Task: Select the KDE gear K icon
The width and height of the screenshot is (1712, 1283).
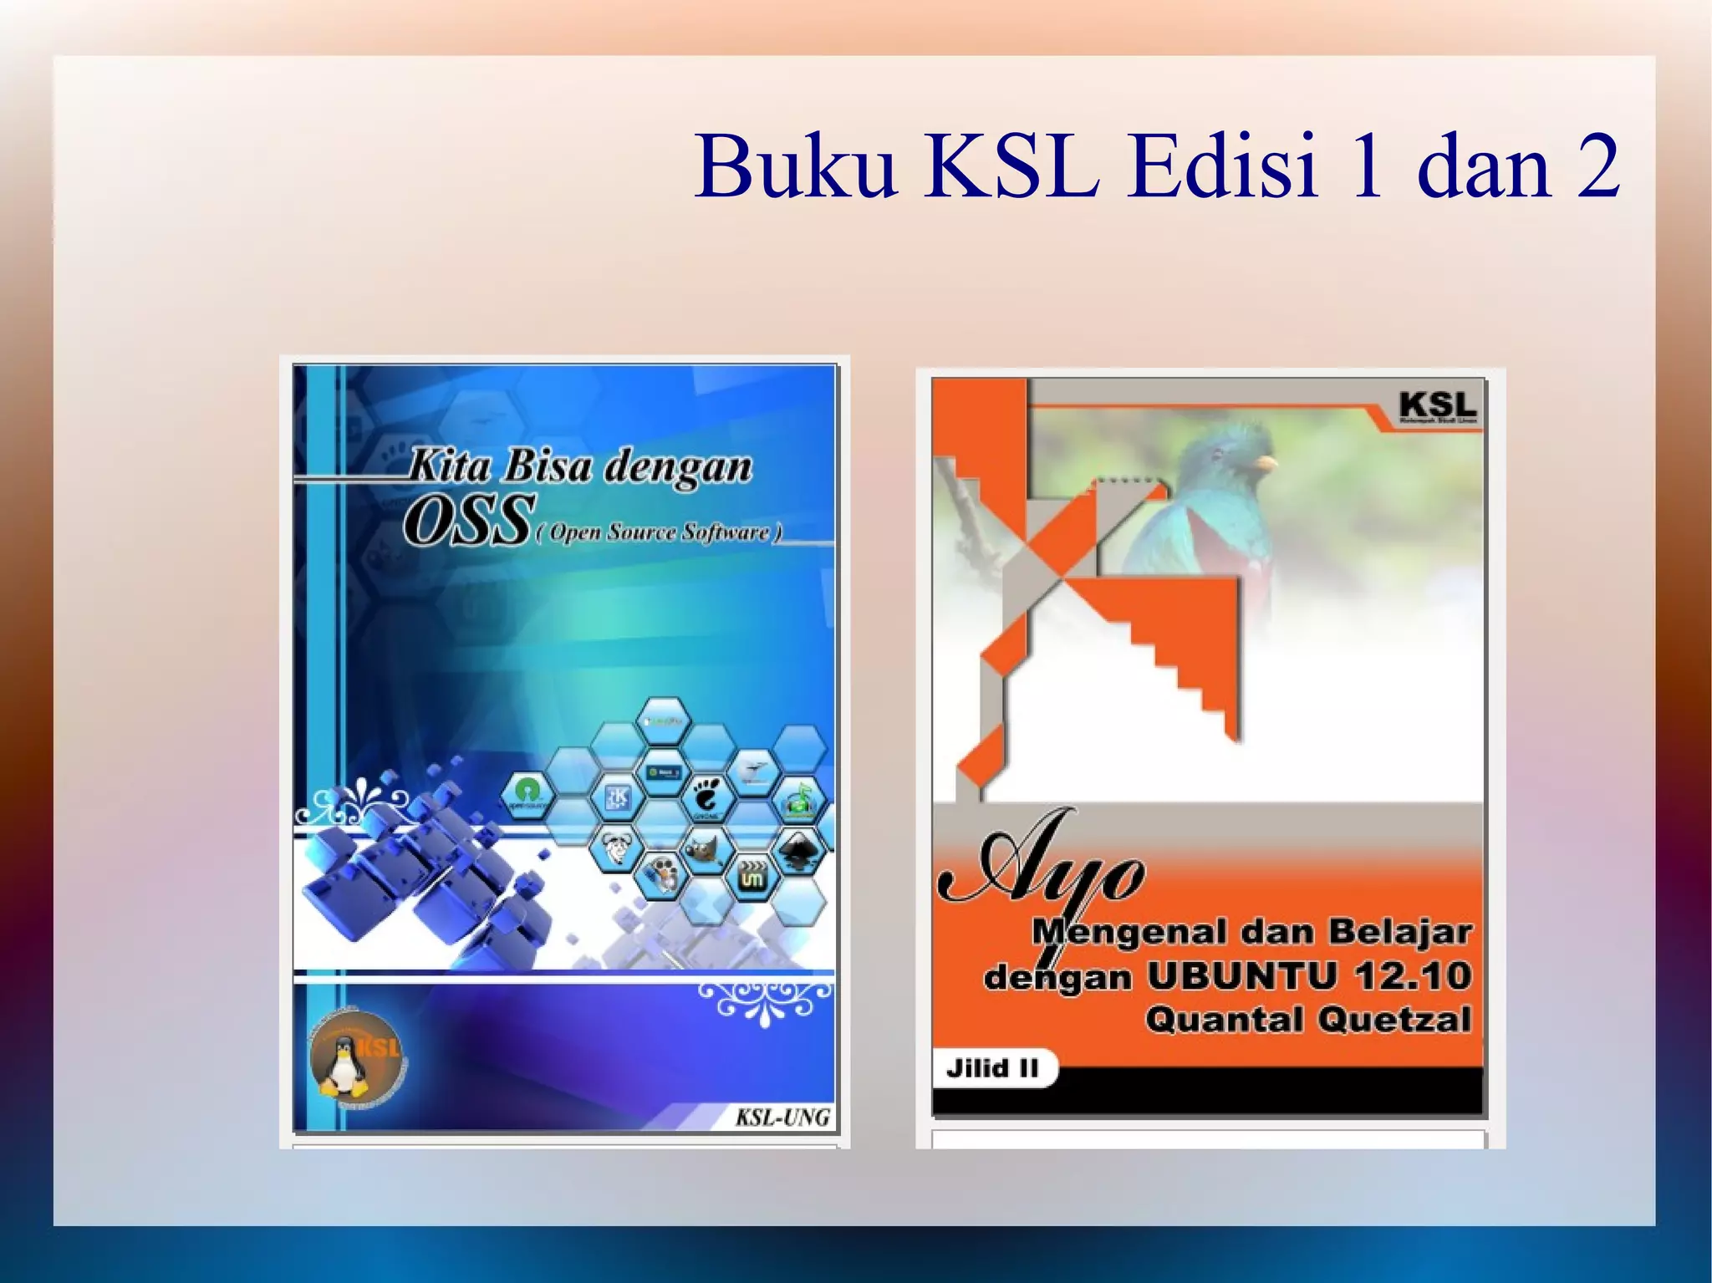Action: tap(619, 797)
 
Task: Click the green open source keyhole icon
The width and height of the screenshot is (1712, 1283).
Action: tap(527, 793)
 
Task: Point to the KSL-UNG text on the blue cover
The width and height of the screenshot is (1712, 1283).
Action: tap(782, 1117)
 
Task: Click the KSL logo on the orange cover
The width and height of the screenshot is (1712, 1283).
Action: tap(1437, 407)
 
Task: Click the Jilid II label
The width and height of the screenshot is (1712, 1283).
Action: tap(992, 1067)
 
